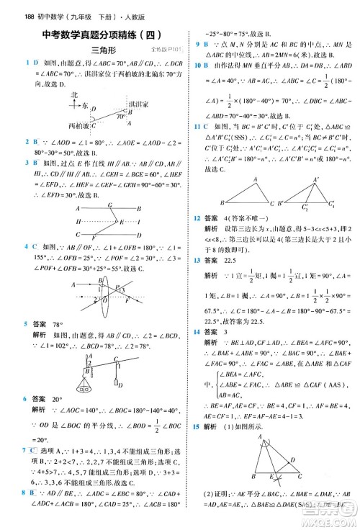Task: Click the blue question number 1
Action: [6, 63]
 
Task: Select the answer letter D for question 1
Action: [15, 63]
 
